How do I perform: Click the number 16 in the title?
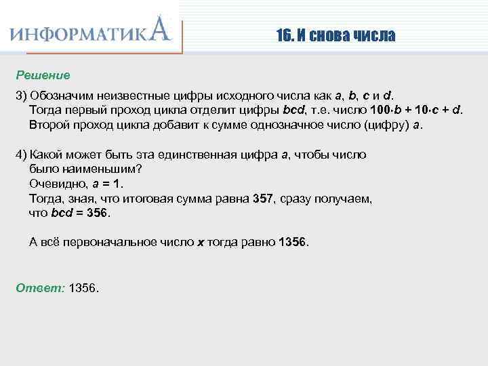tap(283, 35)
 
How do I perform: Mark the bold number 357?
tap(262, 199)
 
